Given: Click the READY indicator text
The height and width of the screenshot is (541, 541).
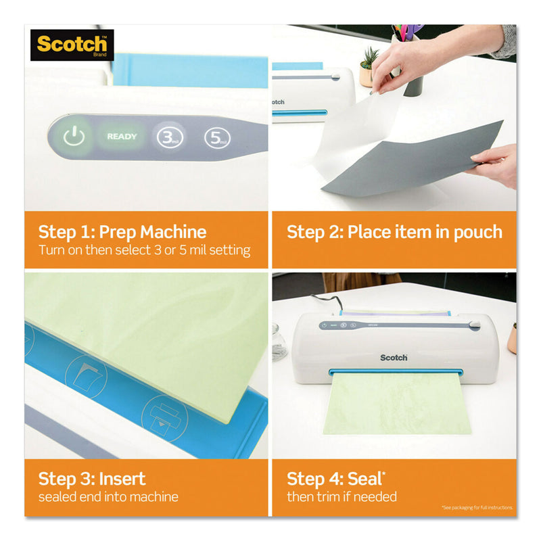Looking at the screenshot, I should click(122, 137).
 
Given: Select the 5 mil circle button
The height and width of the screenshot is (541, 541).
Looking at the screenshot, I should click(216, 137).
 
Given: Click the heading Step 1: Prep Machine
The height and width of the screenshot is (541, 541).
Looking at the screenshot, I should click(122, 232).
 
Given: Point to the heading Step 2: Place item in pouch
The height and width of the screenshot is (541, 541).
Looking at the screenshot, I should click(394, 232).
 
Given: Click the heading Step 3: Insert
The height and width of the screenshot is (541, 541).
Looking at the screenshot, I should click(92, 479).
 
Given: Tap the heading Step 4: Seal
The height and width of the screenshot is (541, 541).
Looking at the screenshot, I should click(332, 479).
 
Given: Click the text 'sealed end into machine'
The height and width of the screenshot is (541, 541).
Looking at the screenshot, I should click(108, 497).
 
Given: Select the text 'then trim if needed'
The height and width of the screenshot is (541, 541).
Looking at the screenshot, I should click(342, 497).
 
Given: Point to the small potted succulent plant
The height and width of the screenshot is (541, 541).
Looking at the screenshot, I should click(369, 65).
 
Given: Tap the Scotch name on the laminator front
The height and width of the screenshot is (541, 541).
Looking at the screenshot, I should click(394, 357).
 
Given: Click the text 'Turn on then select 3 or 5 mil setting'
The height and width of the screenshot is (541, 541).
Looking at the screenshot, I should click(144, 250).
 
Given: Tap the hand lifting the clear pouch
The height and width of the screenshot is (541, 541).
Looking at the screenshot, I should click(413, 61).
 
